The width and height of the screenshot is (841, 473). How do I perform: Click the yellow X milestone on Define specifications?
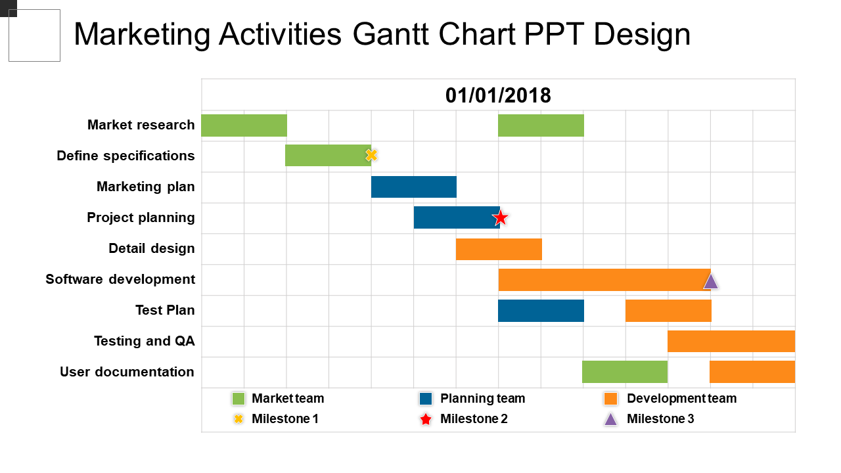371,156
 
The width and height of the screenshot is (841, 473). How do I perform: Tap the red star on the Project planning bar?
501,217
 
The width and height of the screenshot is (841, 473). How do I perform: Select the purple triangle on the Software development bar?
711,281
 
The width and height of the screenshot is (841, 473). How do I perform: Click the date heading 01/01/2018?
498,96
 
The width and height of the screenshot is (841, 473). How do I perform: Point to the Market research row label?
141,125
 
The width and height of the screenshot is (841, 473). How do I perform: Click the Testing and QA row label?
144,341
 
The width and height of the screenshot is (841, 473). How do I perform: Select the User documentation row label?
127,372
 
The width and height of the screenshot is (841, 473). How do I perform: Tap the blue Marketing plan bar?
413,187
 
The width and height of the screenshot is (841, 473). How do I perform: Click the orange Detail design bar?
499,249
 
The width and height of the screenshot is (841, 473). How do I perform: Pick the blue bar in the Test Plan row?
541,311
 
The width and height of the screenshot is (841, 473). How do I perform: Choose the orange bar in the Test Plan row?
668,311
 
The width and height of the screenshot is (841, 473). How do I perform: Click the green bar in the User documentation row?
625,372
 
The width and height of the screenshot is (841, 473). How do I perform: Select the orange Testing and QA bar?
731,342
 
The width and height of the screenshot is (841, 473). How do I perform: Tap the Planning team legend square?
426,399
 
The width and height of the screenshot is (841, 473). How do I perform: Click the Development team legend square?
611,399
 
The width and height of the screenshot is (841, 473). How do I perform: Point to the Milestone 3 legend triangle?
611,419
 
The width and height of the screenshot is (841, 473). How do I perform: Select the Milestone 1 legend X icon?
239,419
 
